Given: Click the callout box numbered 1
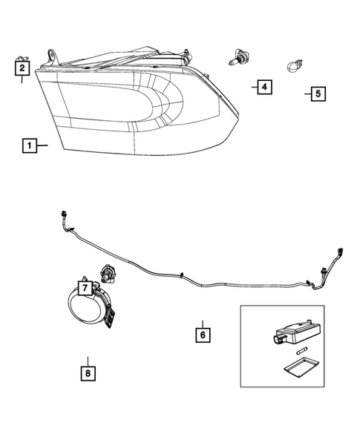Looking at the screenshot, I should point(29,146).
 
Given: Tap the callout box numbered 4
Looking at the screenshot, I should point(263,88).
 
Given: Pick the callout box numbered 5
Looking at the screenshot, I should point(317,94).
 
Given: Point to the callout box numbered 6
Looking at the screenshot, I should point(201,335).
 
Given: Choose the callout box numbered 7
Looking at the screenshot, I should point(85,286).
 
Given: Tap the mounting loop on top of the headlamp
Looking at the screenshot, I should point(52,54).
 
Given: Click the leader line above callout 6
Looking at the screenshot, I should point(201,320).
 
